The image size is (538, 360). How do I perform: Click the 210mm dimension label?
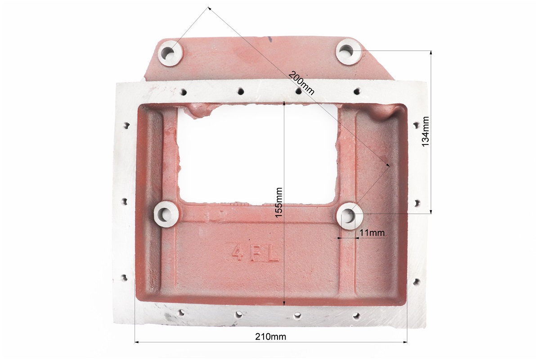(x=270, y=336)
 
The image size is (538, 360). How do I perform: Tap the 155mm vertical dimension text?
(x=278, y=202)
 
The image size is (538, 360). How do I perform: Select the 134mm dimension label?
(x=425, y=132)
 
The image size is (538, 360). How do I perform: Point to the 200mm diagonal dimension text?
(x=301, y=82)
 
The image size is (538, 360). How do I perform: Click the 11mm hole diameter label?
(x=372, y=233)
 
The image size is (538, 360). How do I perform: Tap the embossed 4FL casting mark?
(x=255, y=253)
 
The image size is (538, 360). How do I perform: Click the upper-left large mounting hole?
(x=168, y=53)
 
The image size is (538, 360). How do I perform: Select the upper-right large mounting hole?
(x=346, y=51)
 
